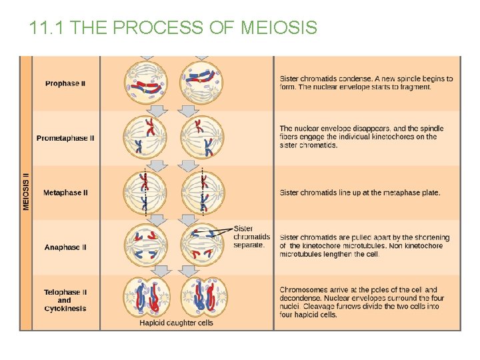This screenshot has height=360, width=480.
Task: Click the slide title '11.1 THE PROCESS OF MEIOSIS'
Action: [x=173, y=28]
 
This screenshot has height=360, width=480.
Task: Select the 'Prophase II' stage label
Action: [x=65, y=83]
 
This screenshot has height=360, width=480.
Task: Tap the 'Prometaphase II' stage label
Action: [x=65, y=138]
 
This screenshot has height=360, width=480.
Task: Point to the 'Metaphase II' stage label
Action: [x=65, y=193]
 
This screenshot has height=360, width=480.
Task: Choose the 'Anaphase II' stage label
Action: [x=65, y=247]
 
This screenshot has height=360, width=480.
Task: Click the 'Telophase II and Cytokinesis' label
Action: [x=65, y=300]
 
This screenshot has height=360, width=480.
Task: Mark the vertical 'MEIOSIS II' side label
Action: [x=26, y=192]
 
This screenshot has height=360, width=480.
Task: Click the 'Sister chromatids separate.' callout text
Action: [x=251, y=237]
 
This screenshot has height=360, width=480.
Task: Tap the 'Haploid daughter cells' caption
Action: [x=176, y=323]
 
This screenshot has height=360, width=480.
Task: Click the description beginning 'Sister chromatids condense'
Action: [x=365, y=83]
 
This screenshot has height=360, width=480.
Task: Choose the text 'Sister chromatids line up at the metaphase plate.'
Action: [x=360, y=193]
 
